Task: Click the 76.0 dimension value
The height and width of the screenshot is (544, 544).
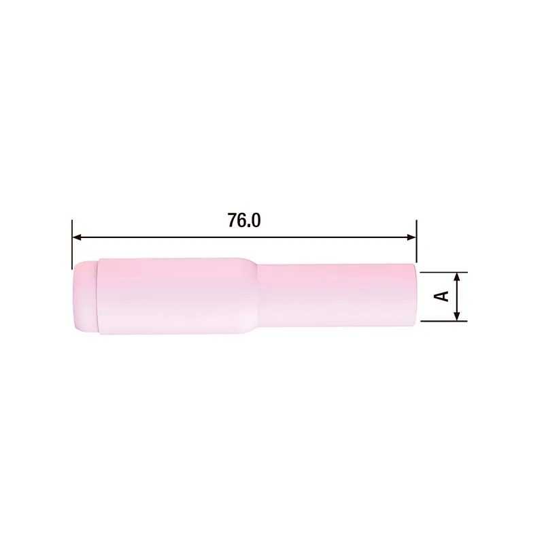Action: tap(243, 221)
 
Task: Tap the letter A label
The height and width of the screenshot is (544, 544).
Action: tap(442, 296)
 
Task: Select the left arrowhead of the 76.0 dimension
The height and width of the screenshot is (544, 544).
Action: tap(77, 237)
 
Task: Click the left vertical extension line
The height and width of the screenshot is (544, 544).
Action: tap(71, 245)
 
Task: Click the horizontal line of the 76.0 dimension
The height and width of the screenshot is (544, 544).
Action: tap(170, 237)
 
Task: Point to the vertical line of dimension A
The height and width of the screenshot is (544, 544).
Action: tap(458, 296)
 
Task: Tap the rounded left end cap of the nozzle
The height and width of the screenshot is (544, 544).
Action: tap(83, 296)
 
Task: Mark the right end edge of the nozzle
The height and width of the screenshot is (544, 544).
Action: tap(415, 296)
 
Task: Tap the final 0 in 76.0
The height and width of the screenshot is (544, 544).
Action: tap(256, 221)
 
